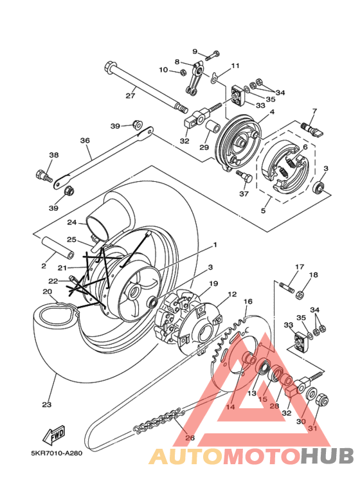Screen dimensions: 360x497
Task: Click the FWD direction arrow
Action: point(54,434)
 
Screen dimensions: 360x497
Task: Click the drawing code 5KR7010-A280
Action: point(57,453)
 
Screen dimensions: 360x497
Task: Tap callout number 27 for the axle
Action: point(130,95)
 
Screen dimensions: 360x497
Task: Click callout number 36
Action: point(85,140)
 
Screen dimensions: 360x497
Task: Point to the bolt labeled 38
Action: point(44,176)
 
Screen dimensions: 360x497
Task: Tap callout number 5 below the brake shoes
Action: point(264,210)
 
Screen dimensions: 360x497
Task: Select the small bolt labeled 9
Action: point(212,55)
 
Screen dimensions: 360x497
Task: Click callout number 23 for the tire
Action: point(46,404)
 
